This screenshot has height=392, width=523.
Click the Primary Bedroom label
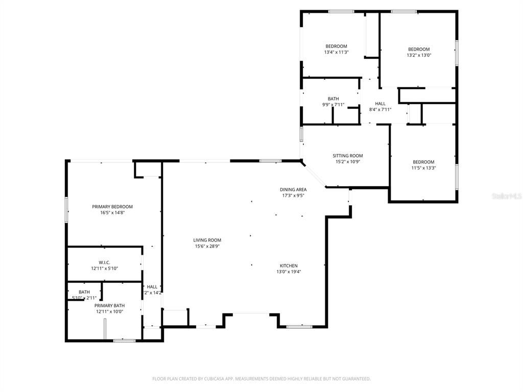click(112, 207)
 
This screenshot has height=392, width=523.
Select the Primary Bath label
click(110, 305)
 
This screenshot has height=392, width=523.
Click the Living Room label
click(207, 240)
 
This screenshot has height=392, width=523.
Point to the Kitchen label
click(289, 265)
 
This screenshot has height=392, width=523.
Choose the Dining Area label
click(293, 189)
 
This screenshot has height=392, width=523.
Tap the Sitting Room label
click(348, 156)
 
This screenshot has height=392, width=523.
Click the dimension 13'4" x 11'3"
click(336, 52)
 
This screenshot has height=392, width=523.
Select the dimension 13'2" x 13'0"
click(419, 55)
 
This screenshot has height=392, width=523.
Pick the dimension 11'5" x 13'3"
click(423, 168)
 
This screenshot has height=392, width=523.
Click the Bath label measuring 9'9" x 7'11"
click(333, 99)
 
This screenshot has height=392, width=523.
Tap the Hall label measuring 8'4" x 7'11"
click(380, 104)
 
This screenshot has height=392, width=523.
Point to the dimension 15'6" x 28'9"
click(207, 246)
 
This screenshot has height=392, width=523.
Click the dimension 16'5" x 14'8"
click(112, 213)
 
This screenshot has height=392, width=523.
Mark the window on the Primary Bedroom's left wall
click(66, 209)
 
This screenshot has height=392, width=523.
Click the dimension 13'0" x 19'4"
click(289, 272)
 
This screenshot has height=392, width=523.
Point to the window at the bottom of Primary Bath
click(124, 340)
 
